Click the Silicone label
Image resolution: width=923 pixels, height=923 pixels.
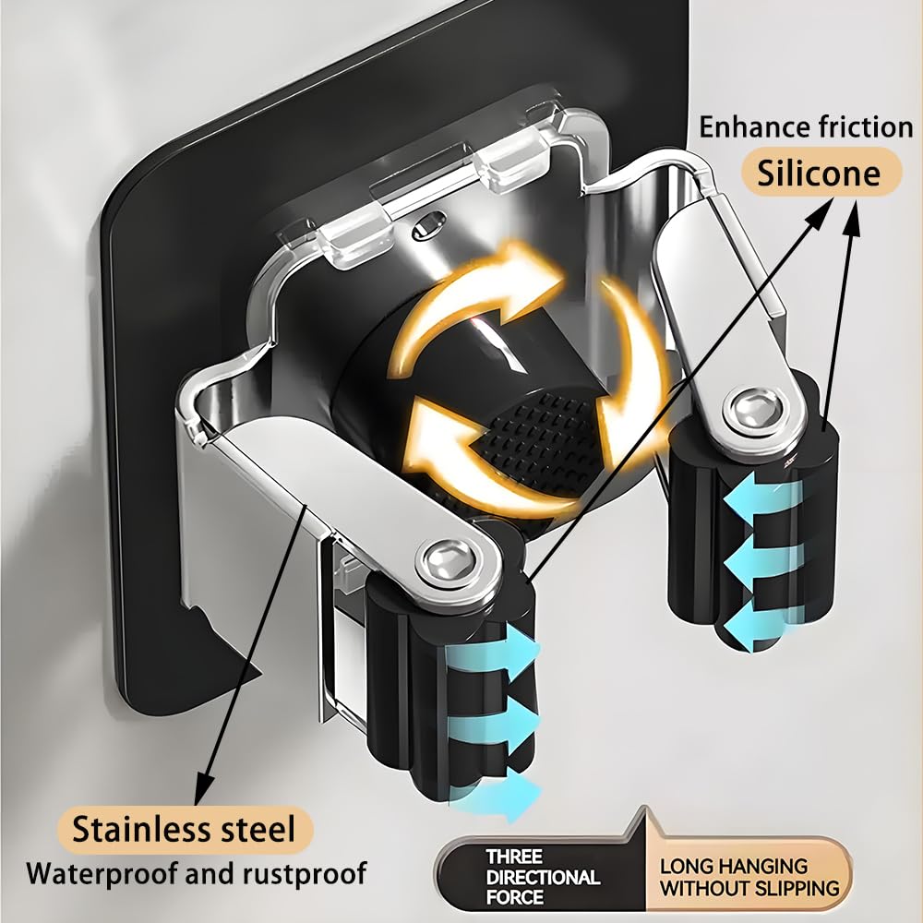pos(820,173)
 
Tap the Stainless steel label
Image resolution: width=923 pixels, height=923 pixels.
pos(185,830)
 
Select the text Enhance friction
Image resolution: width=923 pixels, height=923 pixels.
pos(806,126)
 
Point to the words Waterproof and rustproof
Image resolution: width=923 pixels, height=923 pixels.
pos(196,874)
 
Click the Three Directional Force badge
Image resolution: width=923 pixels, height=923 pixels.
pos(542,877)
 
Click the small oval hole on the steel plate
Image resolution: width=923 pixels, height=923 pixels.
pos(427,226)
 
